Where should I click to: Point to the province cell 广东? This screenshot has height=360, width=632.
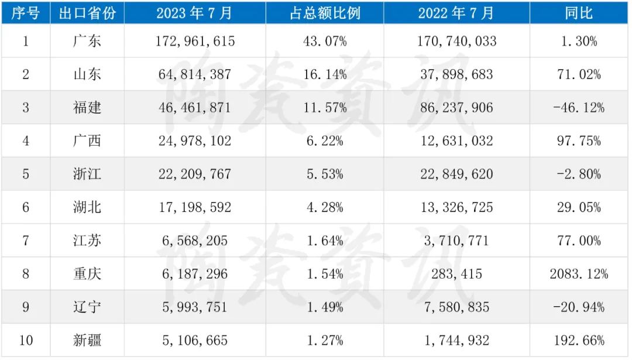(87, 41)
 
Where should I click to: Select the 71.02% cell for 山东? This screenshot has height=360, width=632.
(579, 74)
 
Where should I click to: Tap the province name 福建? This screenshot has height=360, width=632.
(87, 108)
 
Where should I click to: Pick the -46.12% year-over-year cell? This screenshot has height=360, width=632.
(579, 108)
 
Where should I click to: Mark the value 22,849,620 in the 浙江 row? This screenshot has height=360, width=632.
(456, 174)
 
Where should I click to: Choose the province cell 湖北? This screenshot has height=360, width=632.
(87, 207)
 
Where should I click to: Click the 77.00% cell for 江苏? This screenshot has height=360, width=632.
(579, 241)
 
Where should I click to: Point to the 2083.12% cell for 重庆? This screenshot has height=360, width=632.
(579, 274)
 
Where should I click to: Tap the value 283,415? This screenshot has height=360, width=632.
(456, 274)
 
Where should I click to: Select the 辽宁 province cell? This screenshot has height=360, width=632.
(87, 307)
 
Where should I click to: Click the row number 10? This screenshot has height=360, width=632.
(26, 341)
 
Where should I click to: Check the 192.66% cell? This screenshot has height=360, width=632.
(579, 341)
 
